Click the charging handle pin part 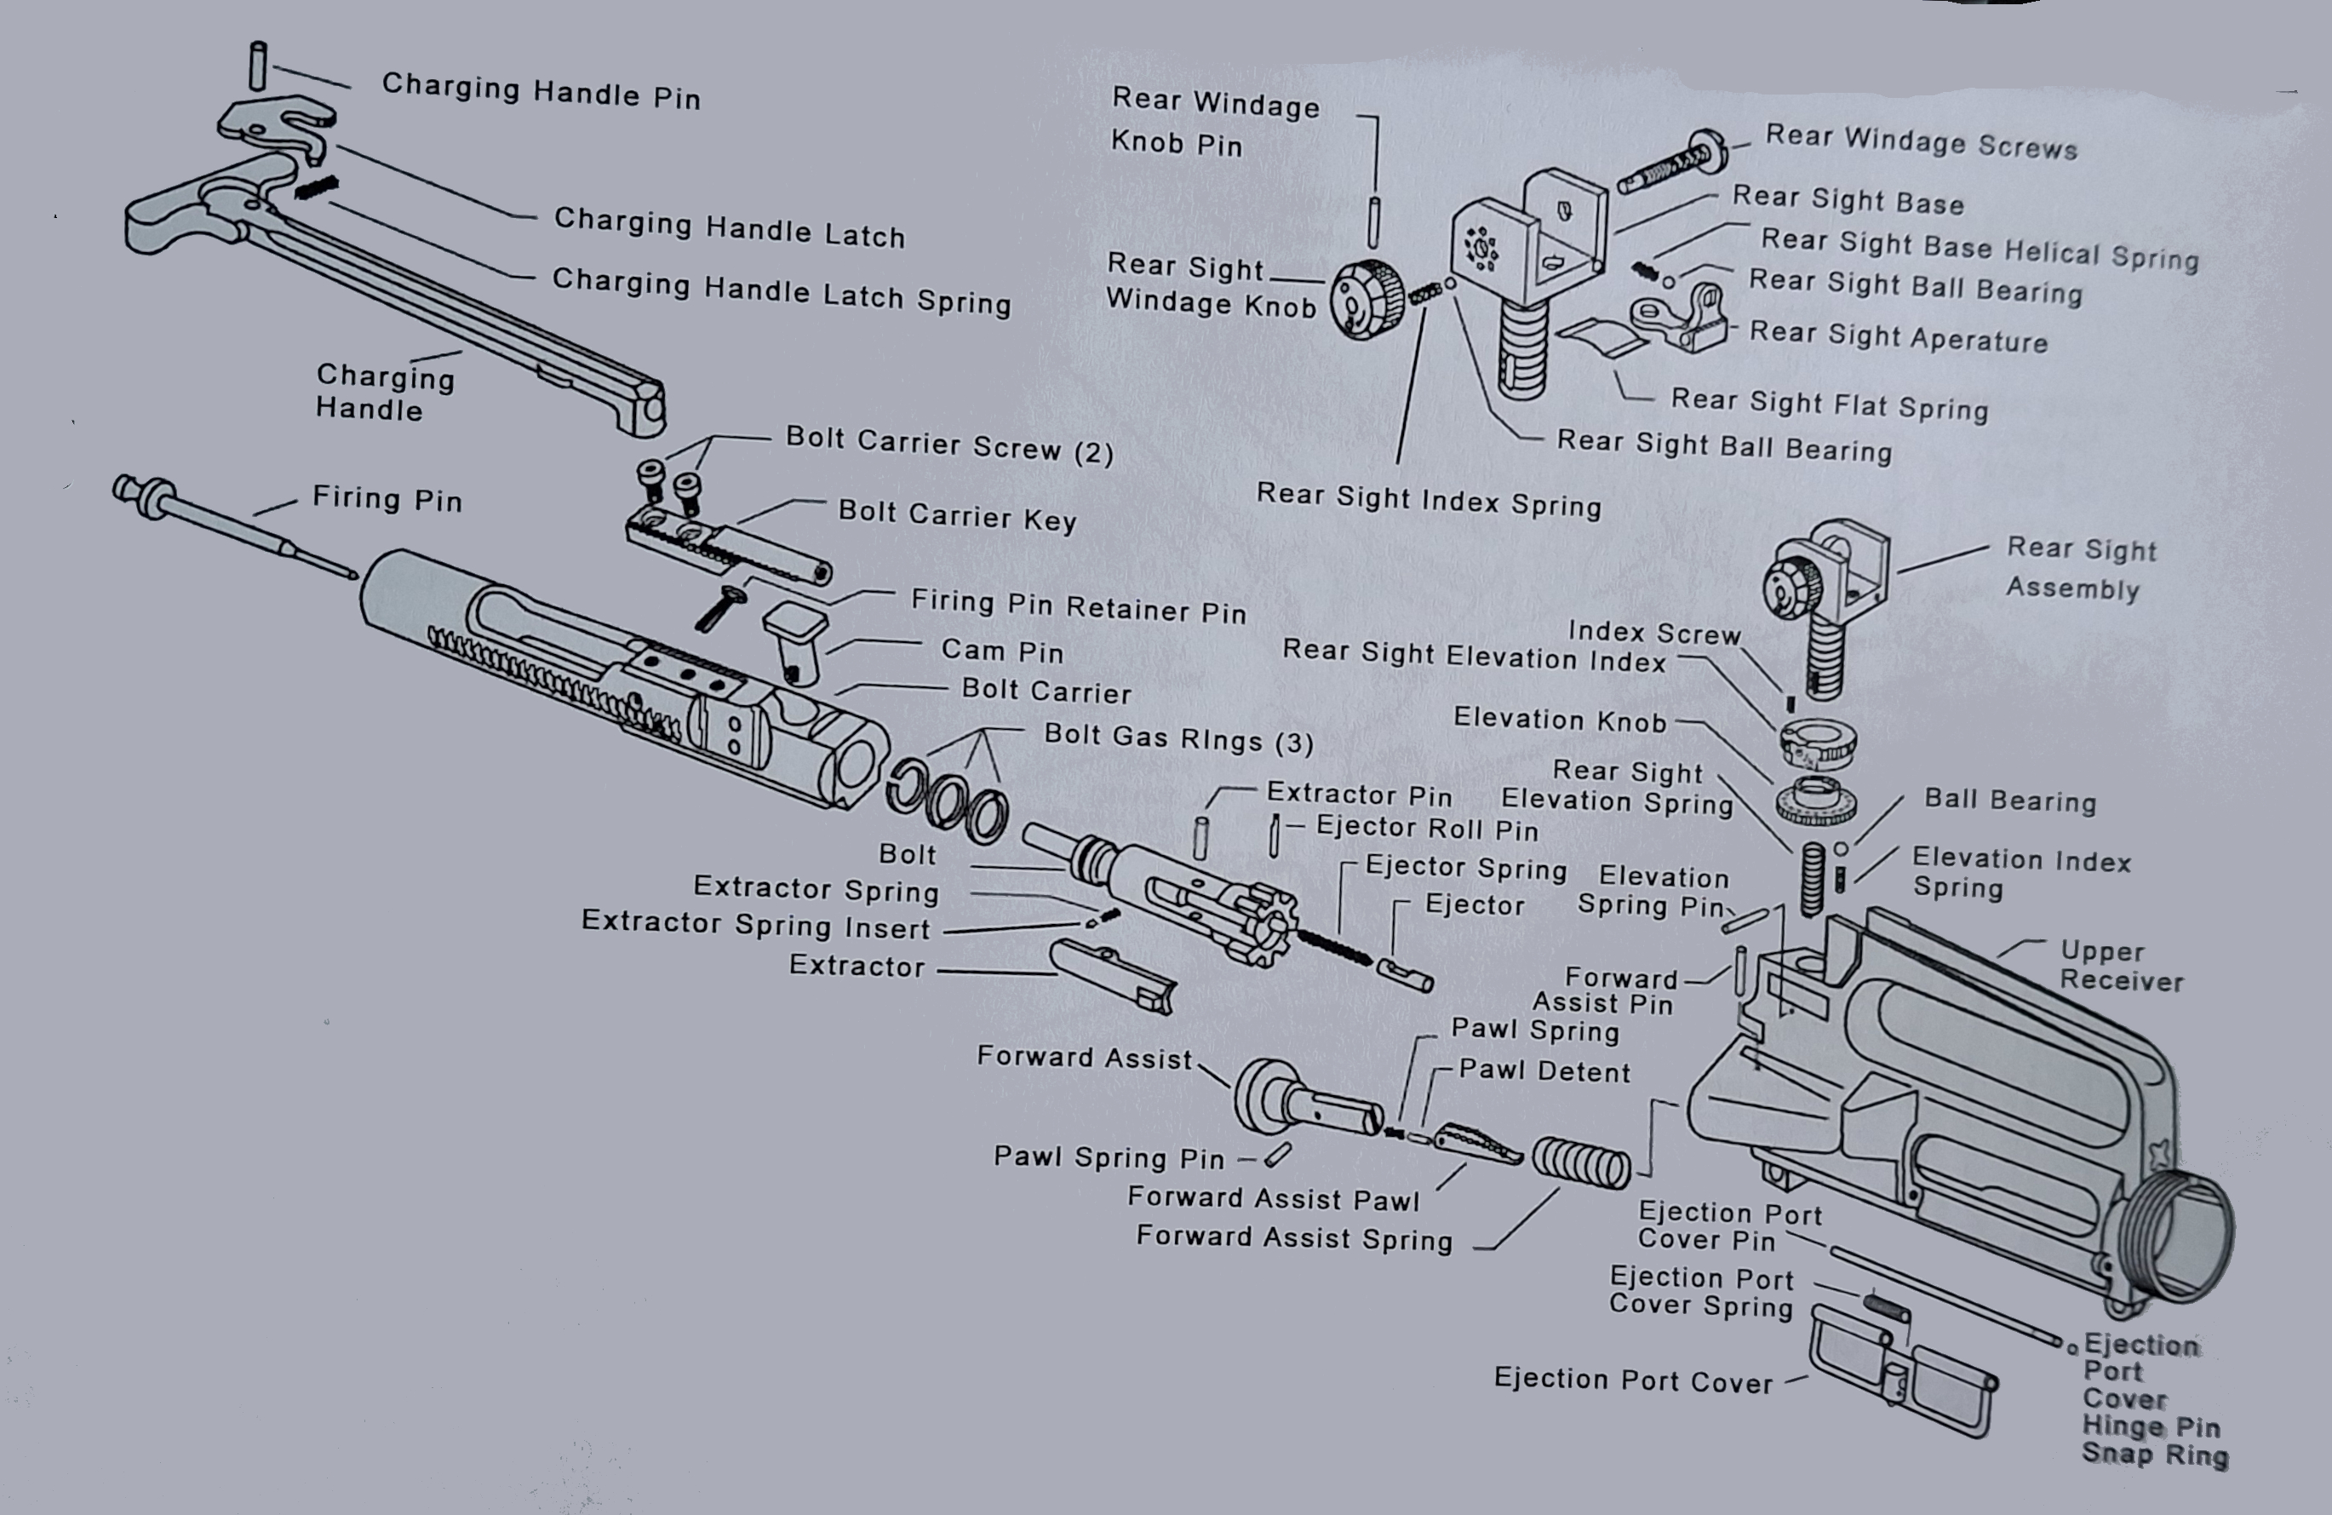[258, 66]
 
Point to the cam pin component [794, 643]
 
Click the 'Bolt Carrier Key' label [956, 515]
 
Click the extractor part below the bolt [1112, 975]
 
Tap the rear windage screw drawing [1670, 167]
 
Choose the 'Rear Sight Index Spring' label [1428, 501]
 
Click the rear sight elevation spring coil [1812, 879]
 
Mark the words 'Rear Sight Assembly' [2079, 568]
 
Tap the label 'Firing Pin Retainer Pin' [1078, 606]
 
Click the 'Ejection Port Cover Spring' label [1701, 1292]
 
